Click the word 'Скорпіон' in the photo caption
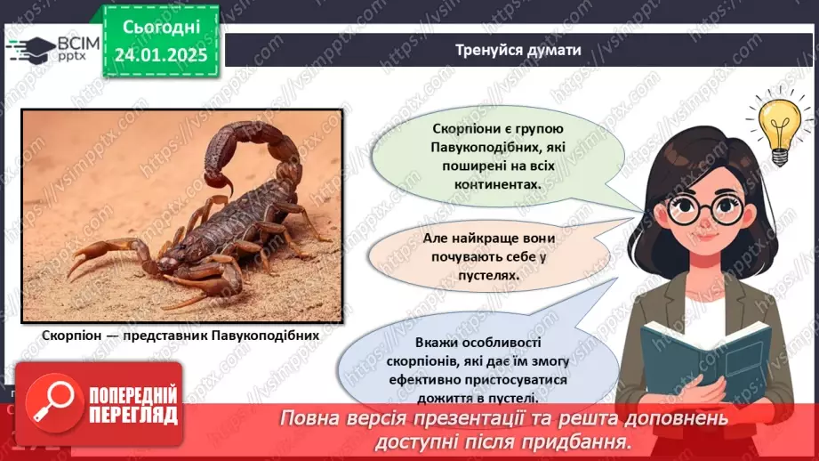pos(72,337)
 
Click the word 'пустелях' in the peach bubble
pos(490,275)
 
